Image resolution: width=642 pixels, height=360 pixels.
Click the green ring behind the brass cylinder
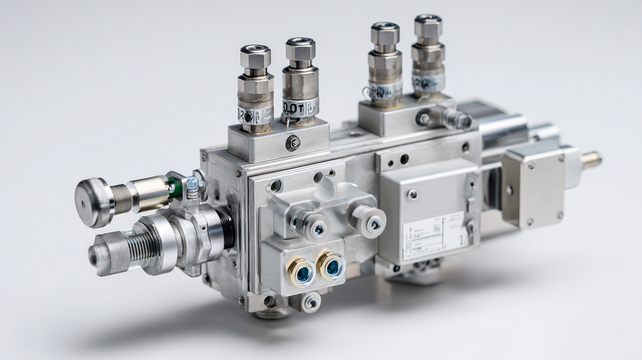174,187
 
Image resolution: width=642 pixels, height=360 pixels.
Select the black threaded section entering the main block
228,229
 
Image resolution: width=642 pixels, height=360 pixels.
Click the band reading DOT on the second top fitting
300,107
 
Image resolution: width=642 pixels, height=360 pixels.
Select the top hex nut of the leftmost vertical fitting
256,56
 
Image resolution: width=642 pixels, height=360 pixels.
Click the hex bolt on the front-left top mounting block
293,142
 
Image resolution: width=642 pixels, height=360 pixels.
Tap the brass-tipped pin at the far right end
592,159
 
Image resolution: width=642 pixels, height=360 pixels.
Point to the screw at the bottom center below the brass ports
312,302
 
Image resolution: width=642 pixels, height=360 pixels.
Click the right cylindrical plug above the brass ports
369,221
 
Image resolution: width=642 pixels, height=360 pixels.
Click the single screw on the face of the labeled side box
412,195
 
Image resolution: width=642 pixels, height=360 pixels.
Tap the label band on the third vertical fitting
385,92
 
